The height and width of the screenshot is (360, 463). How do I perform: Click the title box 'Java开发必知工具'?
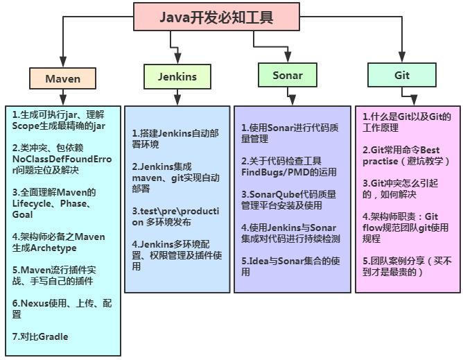click(216, 17)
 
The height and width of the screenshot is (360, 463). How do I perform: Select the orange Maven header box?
click(62, 78)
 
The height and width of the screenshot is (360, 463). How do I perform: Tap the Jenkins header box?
click(177, 77)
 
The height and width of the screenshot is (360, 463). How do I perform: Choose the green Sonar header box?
click(287, 76)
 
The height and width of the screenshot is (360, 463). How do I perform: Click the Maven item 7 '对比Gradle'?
click(41, 337)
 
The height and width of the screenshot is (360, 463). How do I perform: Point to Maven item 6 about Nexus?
click(61, 309)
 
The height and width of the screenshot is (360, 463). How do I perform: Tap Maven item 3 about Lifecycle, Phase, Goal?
click(55, 203)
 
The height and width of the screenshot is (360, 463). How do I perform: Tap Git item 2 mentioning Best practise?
click(406, 155)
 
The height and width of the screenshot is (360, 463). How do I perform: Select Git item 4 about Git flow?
click(405, 227)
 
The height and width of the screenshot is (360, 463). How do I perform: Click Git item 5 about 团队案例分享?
click(406, 266)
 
